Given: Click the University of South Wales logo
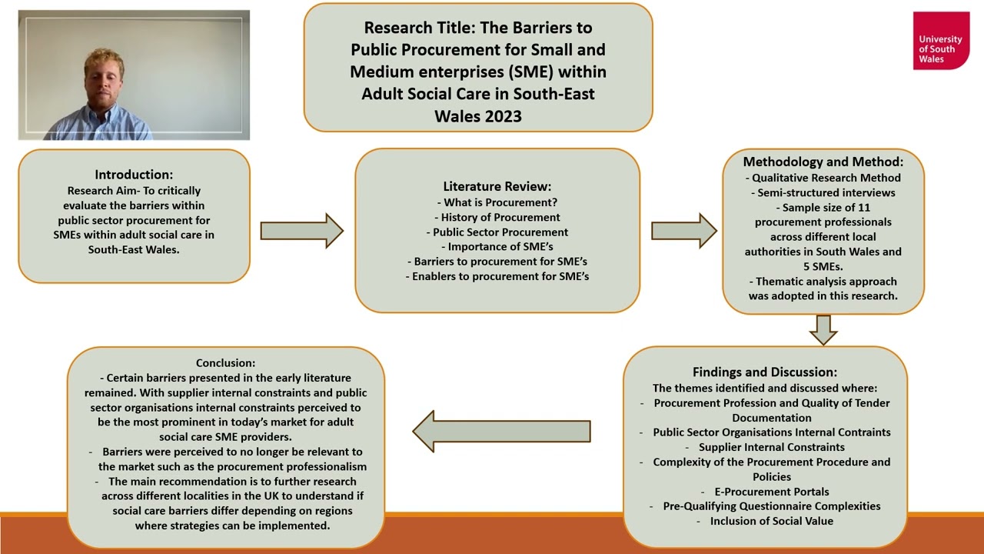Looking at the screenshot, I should click(941, 41).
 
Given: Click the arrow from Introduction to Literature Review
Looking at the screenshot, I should click(301, 231).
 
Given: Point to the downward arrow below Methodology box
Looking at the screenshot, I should click(823, 329).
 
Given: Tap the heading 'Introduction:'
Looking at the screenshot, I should click(134, 175).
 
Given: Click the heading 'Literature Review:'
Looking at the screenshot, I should click(497, 186).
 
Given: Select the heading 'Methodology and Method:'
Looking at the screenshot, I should click(823, 162).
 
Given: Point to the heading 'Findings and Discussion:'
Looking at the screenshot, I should click(764, 372).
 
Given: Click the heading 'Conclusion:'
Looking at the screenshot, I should click(225, 362).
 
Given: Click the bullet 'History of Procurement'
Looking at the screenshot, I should click(500, 217).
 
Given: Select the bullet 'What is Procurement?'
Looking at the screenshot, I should click(500, 202).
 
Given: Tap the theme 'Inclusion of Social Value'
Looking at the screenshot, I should click(771, 521).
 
